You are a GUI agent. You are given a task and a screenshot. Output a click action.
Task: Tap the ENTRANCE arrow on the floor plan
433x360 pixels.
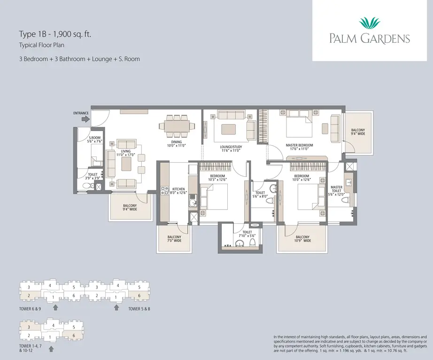85,119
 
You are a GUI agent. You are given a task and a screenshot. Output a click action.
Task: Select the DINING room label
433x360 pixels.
176,143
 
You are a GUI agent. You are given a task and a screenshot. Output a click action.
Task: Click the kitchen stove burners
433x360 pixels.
165,190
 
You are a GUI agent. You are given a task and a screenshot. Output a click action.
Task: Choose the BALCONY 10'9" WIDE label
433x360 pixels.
302,239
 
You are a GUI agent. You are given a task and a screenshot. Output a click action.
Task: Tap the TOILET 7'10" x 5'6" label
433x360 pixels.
247,234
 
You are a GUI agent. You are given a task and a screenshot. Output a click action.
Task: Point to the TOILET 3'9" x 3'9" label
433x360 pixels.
93,176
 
